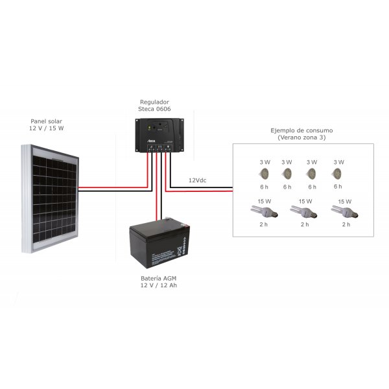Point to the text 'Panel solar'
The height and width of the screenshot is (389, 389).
coord(47,121)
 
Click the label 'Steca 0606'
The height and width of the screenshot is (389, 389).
coord(155,110)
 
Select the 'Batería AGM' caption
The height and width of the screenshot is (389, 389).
coord(159,279)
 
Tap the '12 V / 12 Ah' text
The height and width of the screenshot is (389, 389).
coord(159,287)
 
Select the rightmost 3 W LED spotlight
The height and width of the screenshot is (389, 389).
coord(337,174)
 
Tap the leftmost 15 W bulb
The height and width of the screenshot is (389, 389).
coord(264,211)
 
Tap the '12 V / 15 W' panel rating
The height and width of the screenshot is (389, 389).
coord(47,129)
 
